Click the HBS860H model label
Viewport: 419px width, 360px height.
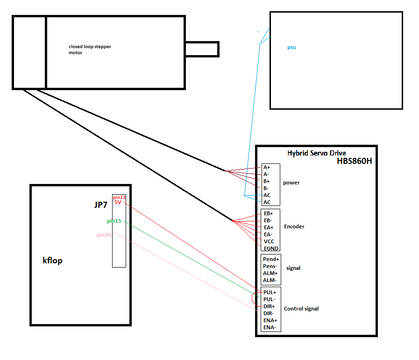(x=355, y=161)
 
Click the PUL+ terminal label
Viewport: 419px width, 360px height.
(x=270, y=292)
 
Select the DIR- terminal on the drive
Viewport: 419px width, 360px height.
(x=269, y=313)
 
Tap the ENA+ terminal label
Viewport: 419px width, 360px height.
(x=270, y=320)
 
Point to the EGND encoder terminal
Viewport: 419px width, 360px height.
(x=271, y=248)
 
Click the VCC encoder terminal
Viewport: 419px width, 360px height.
(x=269, y=241)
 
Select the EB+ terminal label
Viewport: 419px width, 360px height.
(x=268, y=213)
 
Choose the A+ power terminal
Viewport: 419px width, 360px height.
(x=267, y=167)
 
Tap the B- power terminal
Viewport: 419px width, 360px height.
(x=266, y=188)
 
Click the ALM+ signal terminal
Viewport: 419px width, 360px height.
(x=270, y=273)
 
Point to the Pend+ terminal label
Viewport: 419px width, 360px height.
(x=271, y=259)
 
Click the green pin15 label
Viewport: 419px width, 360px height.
(x=114, y=221)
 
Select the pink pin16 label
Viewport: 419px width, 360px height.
(x=104, y=235)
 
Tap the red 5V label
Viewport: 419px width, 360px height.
(x=118, y=202)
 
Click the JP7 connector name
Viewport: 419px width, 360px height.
(x=101, y=205)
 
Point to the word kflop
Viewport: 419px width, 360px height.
(x=52, y=261)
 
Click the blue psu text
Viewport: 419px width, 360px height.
(x=291, y=48)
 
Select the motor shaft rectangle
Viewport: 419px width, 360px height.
(x=202, y=49)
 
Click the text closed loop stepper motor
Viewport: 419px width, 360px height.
(x=90, y=49)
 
